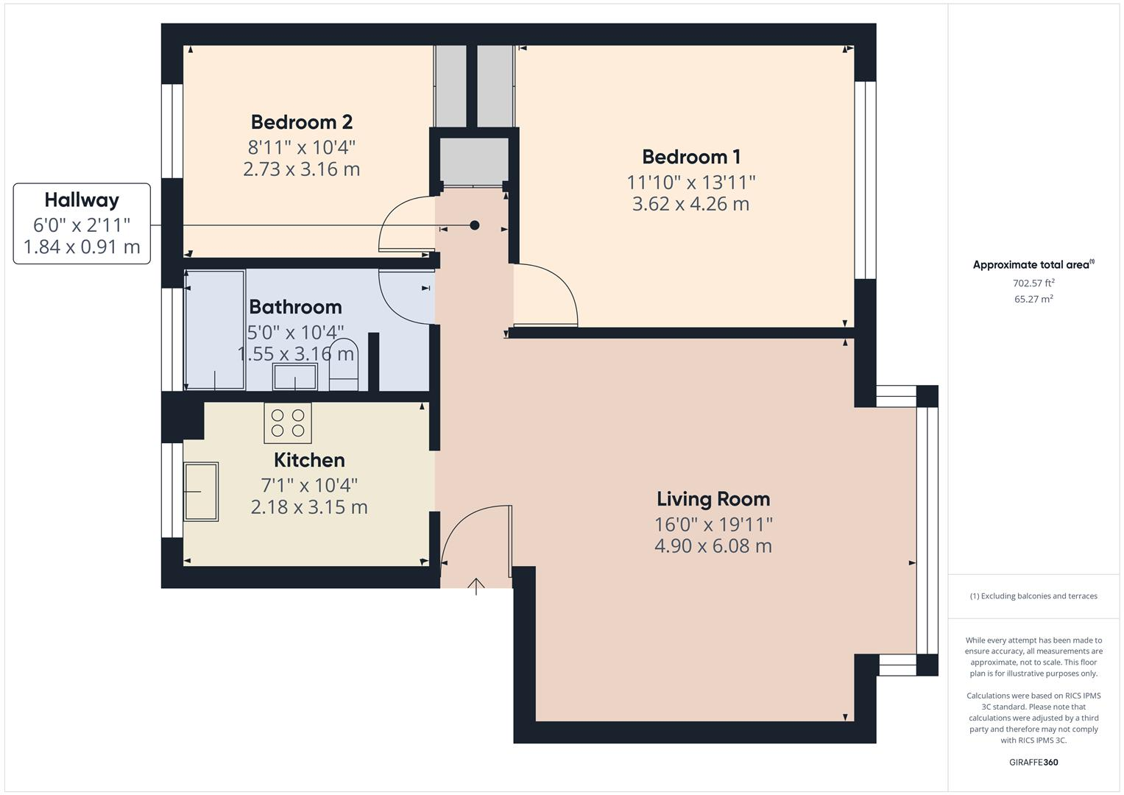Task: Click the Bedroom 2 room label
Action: (x=301, y=121)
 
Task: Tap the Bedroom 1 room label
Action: (x=690, y=157)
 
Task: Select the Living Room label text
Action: (x=713, y=499)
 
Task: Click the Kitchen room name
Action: (x=309, y=460)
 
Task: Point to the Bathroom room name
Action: (x=295, y=307)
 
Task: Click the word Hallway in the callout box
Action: (x=82, y=199)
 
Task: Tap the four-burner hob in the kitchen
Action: (x=288, y=423)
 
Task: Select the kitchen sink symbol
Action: (x=200, y=491)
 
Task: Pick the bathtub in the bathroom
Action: (x=215, y=330)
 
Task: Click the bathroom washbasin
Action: (x=295, y=376)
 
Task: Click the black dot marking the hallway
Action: (x=475, y=225)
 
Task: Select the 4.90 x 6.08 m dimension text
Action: (x=713, y=546)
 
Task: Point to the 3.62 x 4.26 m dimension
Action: (x=690, y=204)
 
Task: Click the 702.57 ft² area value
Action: (x=1033, y=283)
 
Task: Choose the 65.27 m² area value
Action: (x=1033, y=299)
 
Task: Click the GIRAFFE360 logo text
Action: (x=1033, y=762)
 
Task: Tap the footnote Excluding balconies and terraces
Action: (x=1033, y=596)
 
